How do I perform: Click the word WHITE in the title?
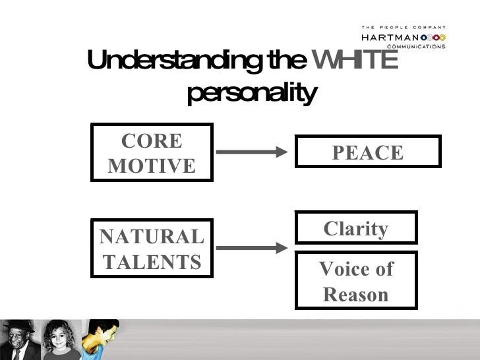pyautogui.click(x=355, y=59)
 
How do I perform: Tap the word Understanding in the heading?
pyautogui.click(x=175, y=61)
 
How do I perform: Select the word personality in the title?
pyautogui.click(x=252, y=93)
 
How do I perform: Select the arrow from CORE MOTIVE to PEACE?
pyautogui.click(x=252, y=152)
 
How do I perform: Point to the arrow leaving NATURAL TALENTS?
pyautogui.click(x=252, y=248)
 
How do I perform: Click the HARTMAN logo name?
pyautogui.click(x=390, y=38)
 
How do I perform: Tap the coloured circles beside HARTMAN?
pyautogui.click(x=433, y=38)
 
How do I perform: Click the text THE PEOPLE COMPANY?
pyautogui.click(x=403, y=28)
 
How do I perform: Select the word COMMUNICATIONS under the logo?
pyautogui.click(x=416, y=47)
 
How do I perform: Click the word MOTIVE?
pyautogui.click(x=152, y=165)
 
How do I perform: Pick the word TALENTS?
pyautogui.click(x=152, y=262)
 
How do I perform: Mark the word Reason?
pyautogui.click(x=356, y=295)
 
